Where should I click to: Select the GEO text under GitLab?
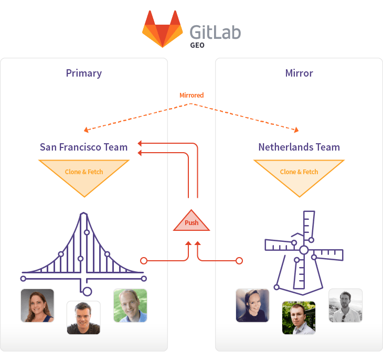197,45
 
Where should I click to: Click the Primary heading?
84,73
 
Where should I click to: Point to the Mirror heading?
299,73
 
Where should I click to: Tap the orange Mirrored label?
191,95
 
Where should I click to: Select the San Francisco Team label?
84,147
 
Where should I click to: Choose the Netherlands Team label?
299,147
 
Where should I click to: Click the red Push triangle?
191,222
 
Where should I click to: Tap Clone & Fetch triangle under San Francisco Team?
84,173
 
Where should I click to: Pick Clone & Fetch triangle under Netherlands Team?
299,173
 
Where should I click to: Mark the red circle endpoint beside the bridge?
144,260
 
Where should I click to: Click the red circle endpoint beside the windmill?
239,260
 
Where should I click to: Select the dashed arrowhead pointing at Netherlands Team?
297,131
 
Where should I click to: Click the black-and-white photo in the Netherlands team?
345,305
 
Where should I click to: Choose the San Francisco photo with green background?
130,305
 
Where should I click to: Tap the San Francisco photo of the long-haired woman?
37,305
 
